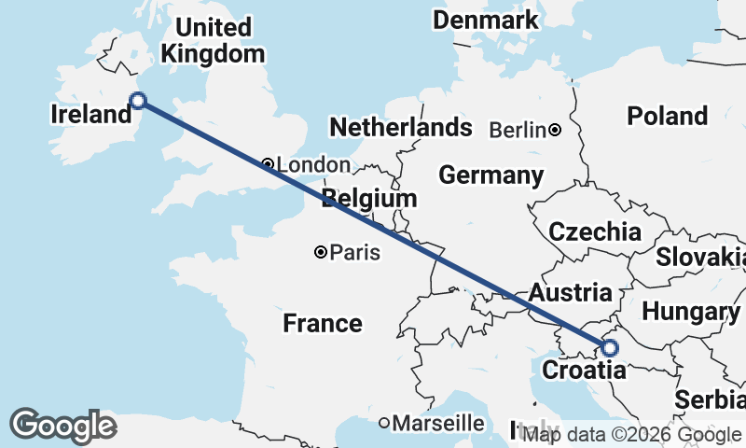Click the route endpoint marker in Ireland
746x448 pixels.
138,101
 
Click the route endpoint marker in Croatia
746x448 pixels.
609,348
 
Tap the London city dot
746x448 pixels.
268,164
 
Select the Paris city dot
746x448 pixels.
320,252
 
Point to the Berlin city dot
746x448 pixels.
555,130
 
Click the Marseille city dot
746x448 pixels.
383,423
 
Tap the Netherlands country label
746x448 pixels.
401,127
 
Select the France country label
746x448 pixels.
323,323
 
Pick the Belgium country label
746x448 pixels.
369,198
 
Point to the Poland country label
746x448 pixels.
667,116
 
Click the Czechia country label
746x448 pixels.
595,231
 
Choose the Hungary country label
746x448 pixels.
691,311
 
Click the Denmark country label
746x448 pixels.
486,20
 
